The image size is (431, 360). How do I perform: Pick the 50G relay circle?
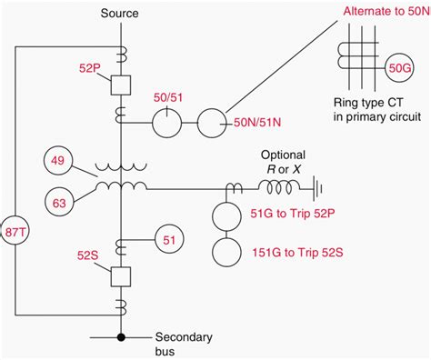(400, 66)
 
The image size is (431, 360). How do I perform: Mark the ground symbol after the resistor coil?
(315, 189)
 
